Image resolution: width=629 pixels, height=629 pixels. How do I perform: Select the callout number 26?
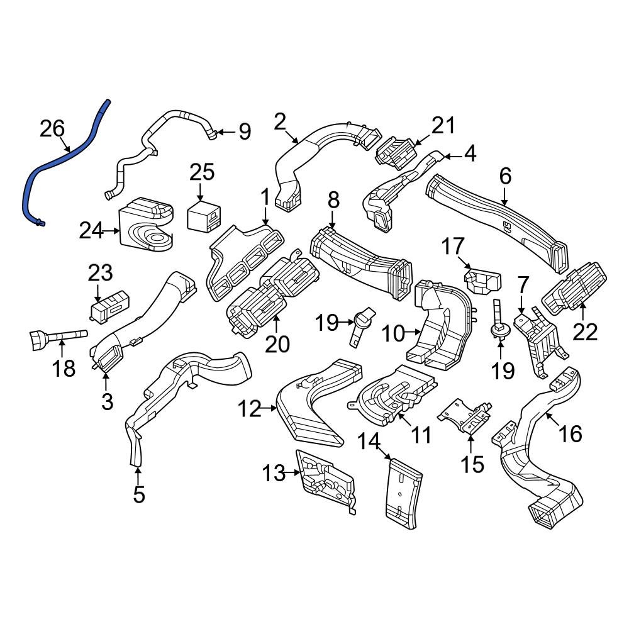52,129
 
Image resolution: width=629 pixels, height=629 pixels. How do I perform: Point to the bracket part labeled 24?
146,225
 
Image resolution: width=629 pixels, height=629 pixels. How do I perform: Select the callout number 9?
245,132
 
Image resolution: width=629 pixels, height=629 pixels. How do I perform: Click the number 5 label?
139,494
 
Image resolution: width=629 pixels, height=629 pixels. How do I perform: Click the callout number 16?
571,433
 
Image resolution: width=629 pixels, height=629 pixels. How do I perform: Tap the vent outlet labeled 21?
395,153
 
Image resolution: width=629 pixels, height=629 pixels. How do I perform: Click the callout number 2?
281,120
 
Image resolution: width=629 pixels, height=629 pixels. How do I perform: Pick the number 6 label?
506,177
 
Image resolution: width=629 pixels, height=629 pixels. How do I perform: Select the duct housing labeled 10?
443,327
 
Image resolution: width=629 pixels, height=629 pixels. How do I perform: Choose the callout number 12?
249,410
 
